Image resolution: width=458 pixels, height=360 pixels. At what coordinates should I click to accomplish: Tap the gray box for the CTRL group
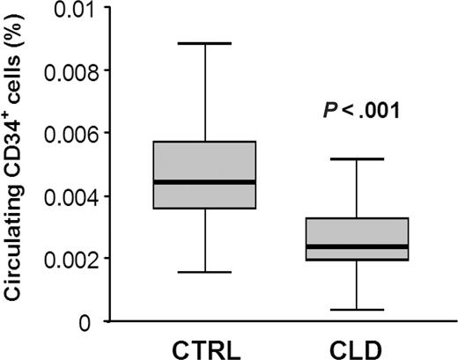tap(204, 163)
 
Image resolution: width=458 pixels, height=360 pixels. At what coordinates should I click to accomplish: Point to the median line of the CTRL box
tap(204, 182)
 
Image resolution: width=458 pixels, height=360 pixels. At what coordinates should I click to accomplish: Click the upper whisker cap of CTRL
tap(204, 43)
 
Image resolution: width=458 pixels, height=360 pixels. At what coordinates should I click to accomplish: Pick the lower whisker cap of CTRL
tap(204, 272)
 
